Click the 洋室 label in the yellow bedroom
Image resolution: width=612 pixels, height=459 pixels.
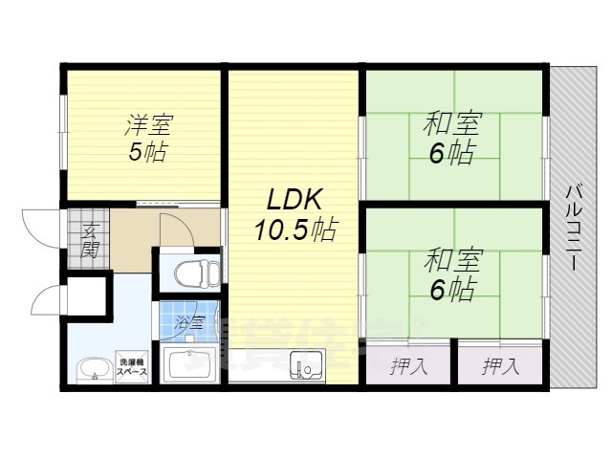tap(148, 125)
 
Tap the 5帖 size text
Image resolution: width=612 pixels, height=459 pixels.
tap(149, 152)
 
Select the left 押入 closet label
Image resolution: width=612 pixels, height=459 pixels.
tap(409, 364)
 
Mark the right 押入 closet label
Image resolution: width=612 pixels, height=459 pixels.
tap(499, 364)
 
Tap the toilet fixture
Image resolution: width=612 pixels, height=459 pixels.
tap(190, 273)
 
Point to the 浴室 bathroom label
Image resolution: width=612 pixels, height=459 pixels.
tap(190, 323)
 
